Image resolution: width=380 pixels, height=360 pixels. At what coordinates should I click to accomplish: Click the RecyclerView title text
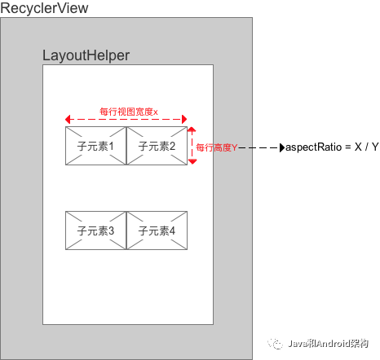point(44,8)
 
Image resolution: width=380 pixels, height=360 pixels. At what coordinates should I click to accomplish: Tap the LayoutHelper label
point(86,55)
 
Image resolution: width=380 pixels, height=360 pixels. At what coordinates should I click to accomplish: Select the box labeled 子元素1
point(96,146)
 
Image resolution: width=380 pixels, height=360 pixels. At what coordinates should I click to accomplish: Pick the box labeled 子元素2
point(157,146)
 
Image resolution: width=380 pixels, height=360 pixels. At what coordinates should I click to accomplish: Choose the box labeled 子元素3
point(96,230)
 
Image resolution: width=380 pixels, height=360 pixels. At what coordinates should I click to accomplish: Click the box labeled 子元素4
point(157,230)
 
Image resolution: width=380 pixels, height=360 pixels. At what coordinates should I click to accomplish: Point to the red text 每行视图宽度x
point(129,112)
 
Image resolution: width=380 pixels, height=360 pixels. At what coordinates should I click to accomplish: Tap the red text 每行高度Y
point(217,147)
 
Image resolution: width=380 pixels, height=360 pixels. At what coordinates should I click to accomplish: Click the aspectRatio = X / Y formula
point(332,147)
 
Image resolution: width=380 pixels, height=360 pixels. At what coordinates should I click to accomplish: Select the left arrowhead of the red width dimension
point(68,119)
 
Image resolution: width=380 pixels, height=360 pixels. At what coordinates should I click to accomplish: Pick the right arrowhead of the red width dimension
point(184,119)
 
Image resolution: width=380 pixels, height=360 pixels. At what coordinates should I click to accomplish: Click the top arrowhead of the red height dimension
point(192,130)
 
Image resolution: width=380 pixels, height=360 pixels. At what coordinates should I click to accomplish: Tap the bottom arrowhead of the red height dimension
point(192,162)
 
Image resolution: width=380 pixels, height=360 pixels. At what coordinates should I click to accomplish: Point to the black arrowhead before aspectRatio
point(282,148)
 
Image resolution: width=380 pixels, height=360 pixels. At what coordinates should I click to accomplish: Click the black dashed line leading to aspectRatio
point(259,148)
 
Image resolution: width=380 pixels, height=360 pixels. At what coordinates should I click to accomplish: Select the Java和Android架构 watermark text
point(328,344)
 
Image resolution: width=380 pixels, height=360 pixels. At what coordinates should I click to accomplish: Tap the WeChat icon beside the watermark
point(276,344)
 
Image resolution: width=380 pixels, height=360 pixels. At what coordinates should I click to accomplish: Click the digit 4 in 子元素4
point(172,231)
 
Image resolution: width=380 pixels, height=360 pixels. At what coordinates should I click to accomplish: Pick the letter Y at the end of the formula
point(375,147)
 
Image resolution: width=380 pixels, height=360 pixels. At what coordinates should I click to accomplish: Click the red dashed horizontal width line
point(126,119)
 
